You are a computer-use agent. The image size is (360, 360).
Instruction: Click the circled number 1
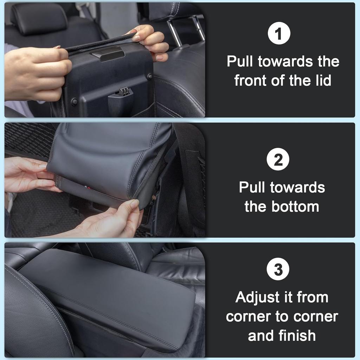point(278,34)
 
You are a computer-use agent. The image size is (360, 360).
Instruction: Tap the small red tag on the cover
point(89,188)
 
